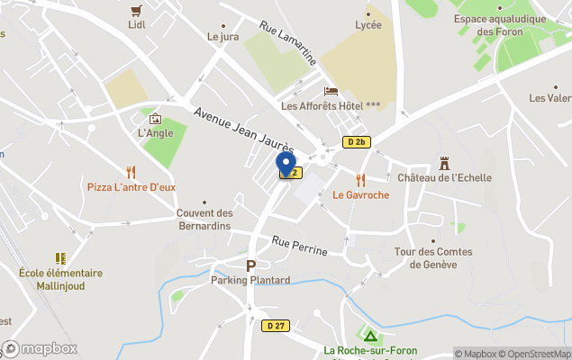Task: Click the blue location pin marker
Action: (x=286, y=164)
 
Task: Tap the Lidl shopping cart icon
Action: (x=137, y=11)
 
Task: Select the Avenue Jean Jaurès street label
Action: (x=244, y=130)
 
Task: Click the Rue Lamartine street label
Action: (x=288, y=43)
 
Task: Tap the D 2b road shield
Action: (x=357, y=141)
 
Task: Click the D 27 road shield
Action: (x=277, y=325)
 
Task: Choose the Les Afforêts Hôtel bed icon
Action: (x=331, y=92)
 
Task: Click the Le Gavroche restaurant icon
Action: (x=360, y=179)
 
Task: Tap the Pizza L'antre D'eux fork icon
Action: (x=131, y=171)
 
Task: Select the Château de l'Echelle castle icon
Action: (x=444, y=163)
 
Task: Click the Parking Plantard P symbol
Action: (x=250, y=265)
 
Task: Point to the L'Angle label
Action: (x=155, y=133)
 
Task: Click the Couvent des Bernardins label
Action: (x=204, y=219)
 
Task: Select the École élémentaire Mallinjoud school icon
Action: (x=60, y=258)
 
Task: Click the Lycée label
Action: (x=368, y=24)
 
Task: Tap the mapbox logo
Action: (x=40, y=348)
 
